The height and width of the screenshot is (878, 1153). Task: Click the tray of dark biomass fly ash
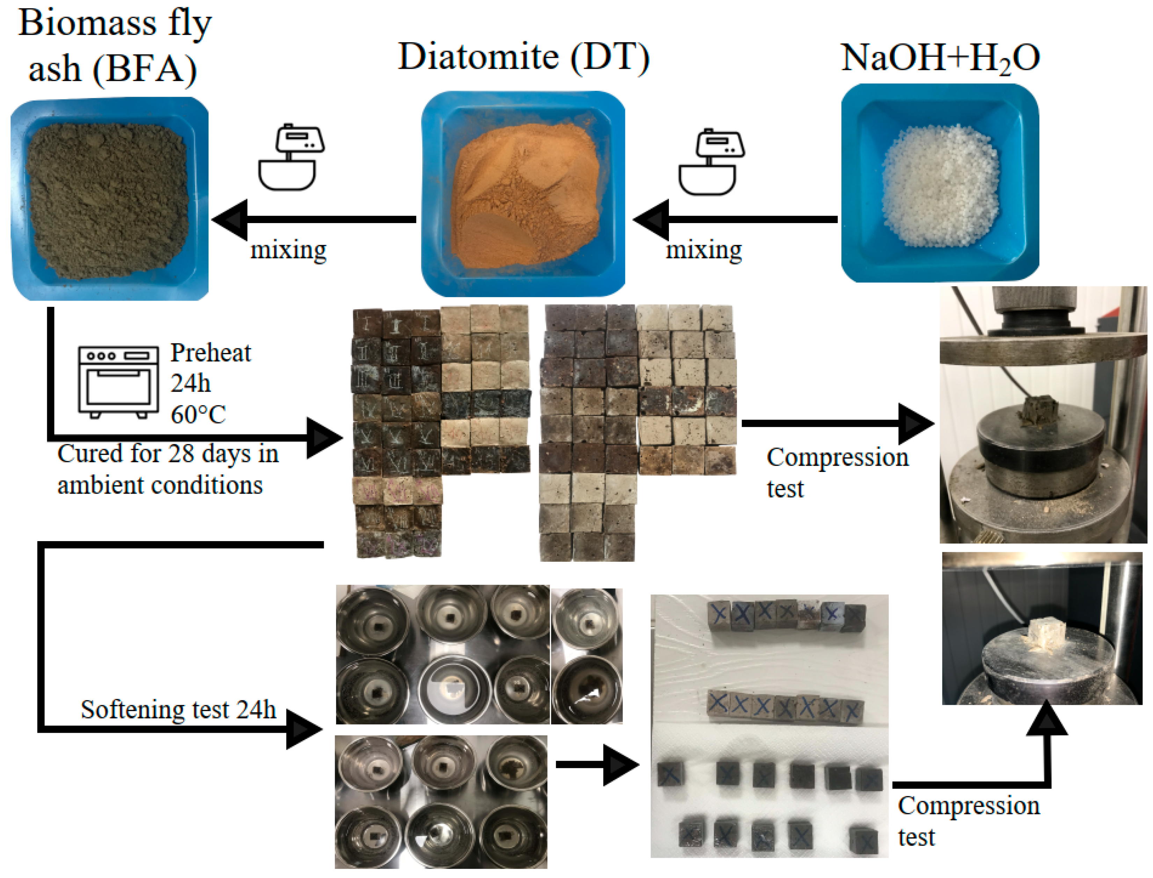[109, 199]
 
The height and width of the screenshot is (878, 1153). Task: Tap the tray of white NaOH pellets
[940, 183]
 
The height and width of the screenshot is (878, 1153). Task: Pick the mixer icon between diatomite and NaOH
[711, 162]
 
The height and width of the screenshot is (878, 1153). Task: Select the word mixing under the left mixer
[288, 250]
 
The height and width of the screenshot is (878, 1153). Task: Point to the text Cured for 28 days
[167, 453]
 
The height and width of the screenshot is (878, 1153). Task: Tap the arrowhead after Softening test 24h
[303, 729]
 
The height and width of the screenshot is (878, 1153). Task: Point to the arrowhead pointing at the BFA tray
[231, 220]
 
